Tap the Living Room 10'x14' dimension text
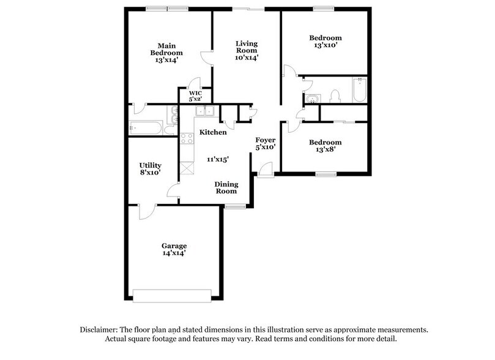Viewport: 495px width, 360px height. coord(247,59)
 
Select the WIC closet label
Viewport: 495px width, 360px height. coord(195,94)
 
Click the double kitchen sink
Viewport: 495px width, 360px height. coord(204,111)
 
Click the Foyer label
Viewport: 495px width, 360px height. coord(266,140)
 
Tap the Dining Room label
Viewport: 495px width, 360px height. coord(226,187)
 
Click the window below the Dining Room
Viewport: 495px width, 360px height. coord(234,207)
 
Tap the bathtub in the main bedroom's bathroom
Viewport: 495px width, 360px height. coord(146,129)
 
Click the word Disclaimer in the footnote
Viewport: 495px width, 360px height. coord(101,329)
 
